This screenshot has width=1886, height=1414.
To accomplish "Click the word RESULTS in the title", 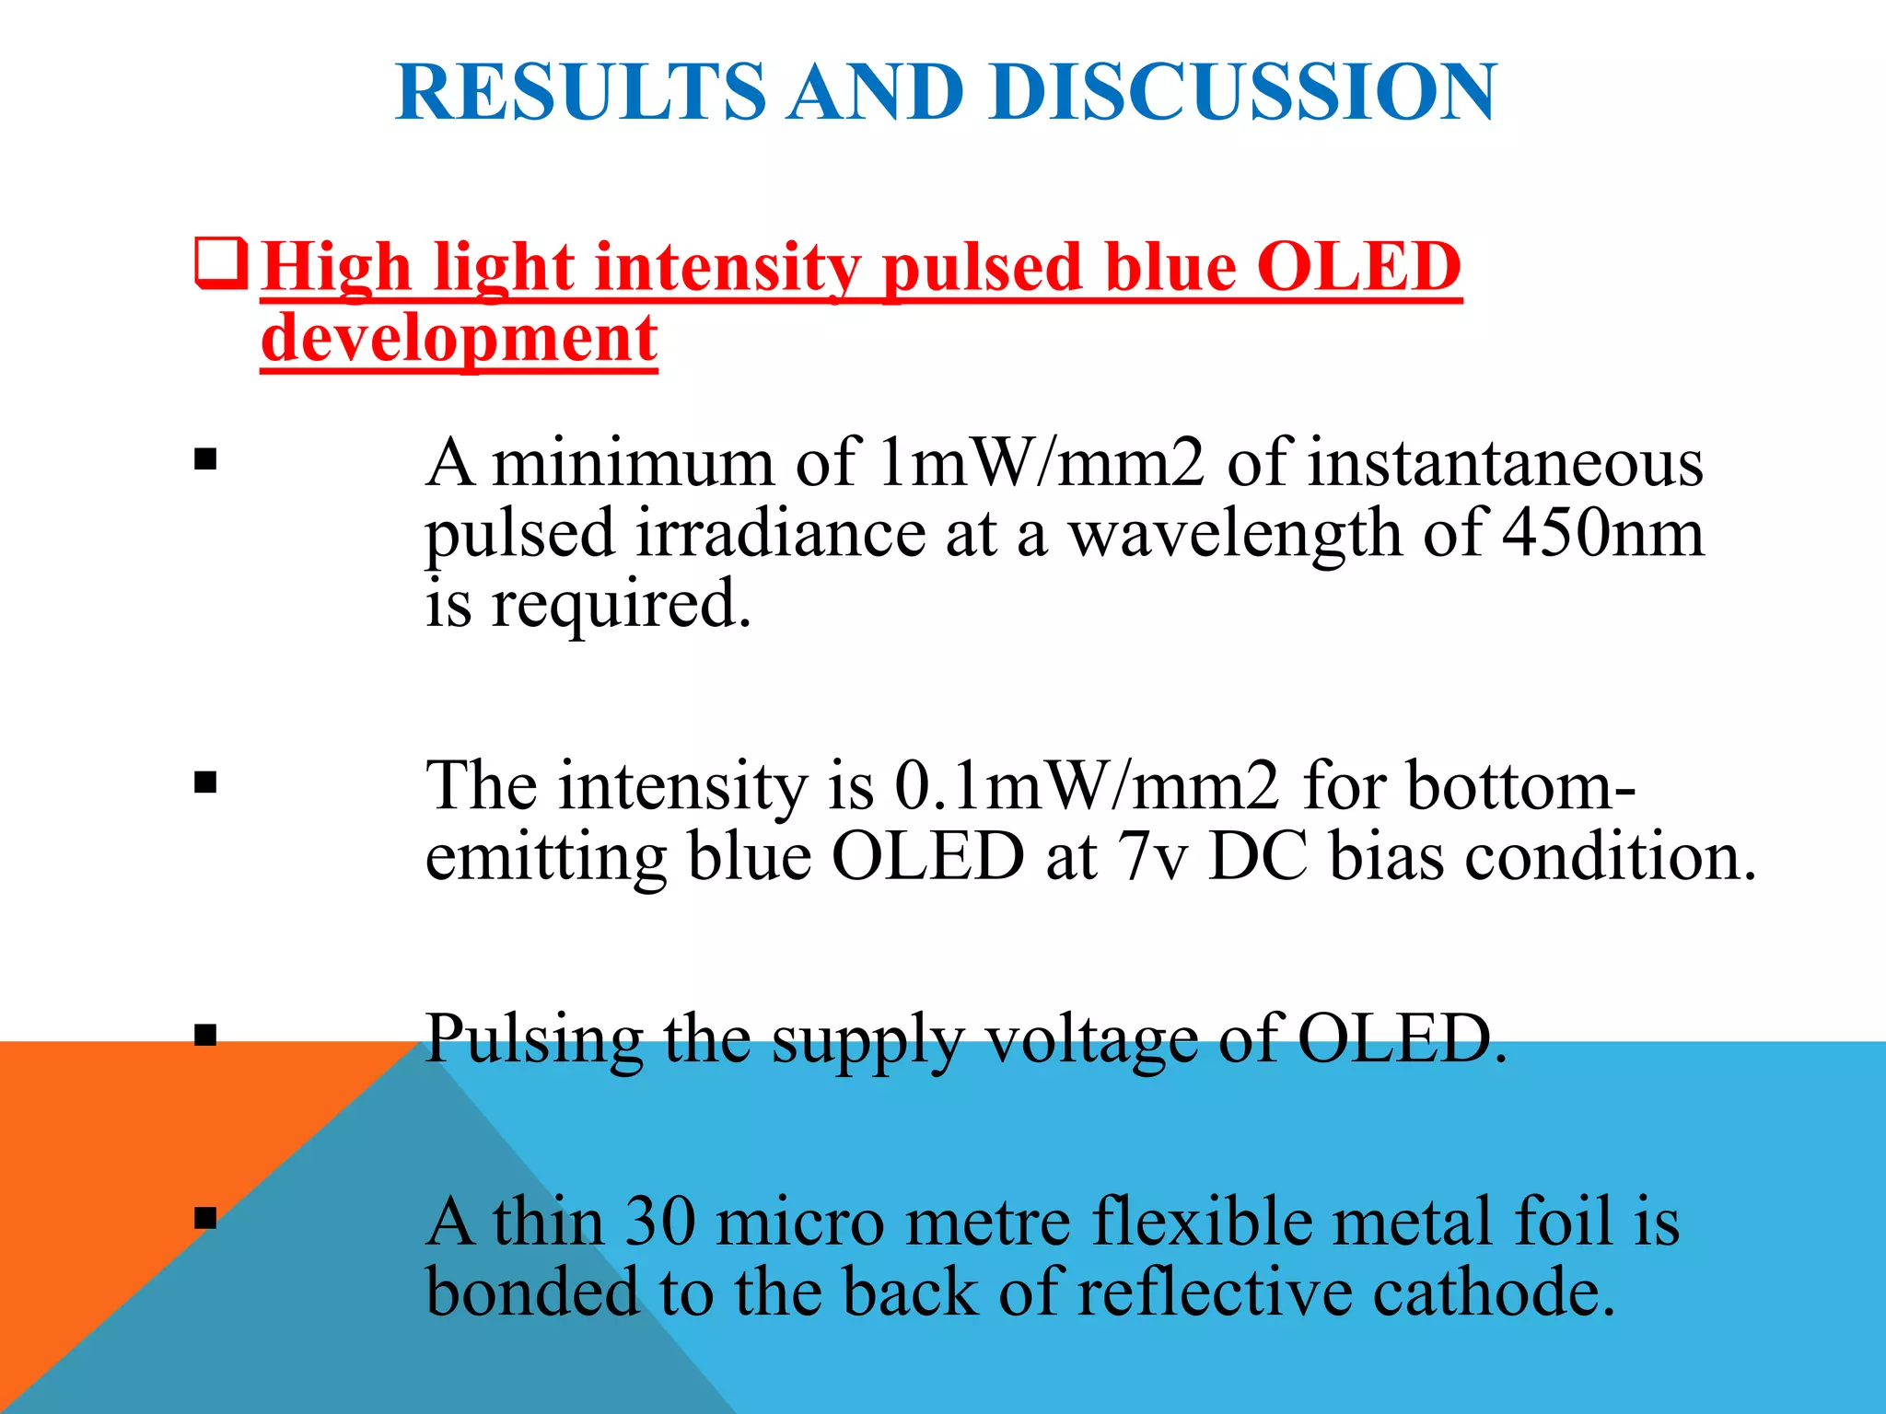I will (x=580, y=92).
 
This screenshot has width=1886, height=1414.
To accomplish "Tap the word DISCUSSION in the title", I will (x=1243, y=92).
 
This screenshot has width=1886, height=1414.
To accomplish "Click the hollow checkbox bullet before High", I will (x=220, y=263).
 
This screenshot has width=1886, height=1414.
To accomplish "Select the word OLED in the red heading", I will (x=1358, y=267).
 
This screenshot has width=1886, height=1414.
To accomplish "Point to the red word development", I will (x=459, y=339).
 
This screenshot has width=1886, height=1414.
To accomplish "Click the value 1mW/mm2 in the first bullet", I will (x=1041, y=462).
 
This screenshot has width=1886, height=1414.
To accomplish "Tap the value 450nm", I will (x=1603, y=533).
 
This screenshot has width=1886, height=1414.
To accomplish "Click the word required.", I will (x=621, y=605).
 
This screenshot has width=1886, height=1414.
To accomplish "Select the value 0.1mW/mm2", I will (x=1087, y=786).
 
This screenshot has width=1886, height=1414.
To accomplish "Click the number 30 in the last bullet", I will (x=659, y=1222).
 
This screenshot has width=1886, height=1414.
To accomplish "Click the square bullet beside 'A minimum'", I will (x=205, y=458).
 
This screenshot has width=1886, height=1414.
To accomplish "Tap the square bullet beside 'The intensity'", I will (x=205, y=782).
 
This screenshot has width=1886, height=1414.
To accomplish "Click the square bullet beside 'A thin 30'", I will (x=205, y=1218).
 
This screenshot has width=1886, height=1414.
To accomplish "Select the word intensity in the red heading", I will (x=728, y=267).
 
